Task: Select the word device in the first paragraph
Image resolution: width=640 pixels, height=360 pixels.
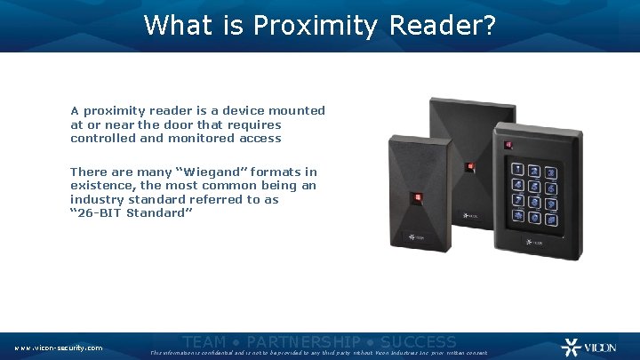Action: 248,111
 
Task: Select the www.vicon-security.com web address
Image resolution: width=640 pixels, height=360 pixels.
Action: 59,348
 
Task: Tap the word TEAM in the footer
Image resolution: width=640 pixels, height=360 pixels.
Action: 204,342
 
